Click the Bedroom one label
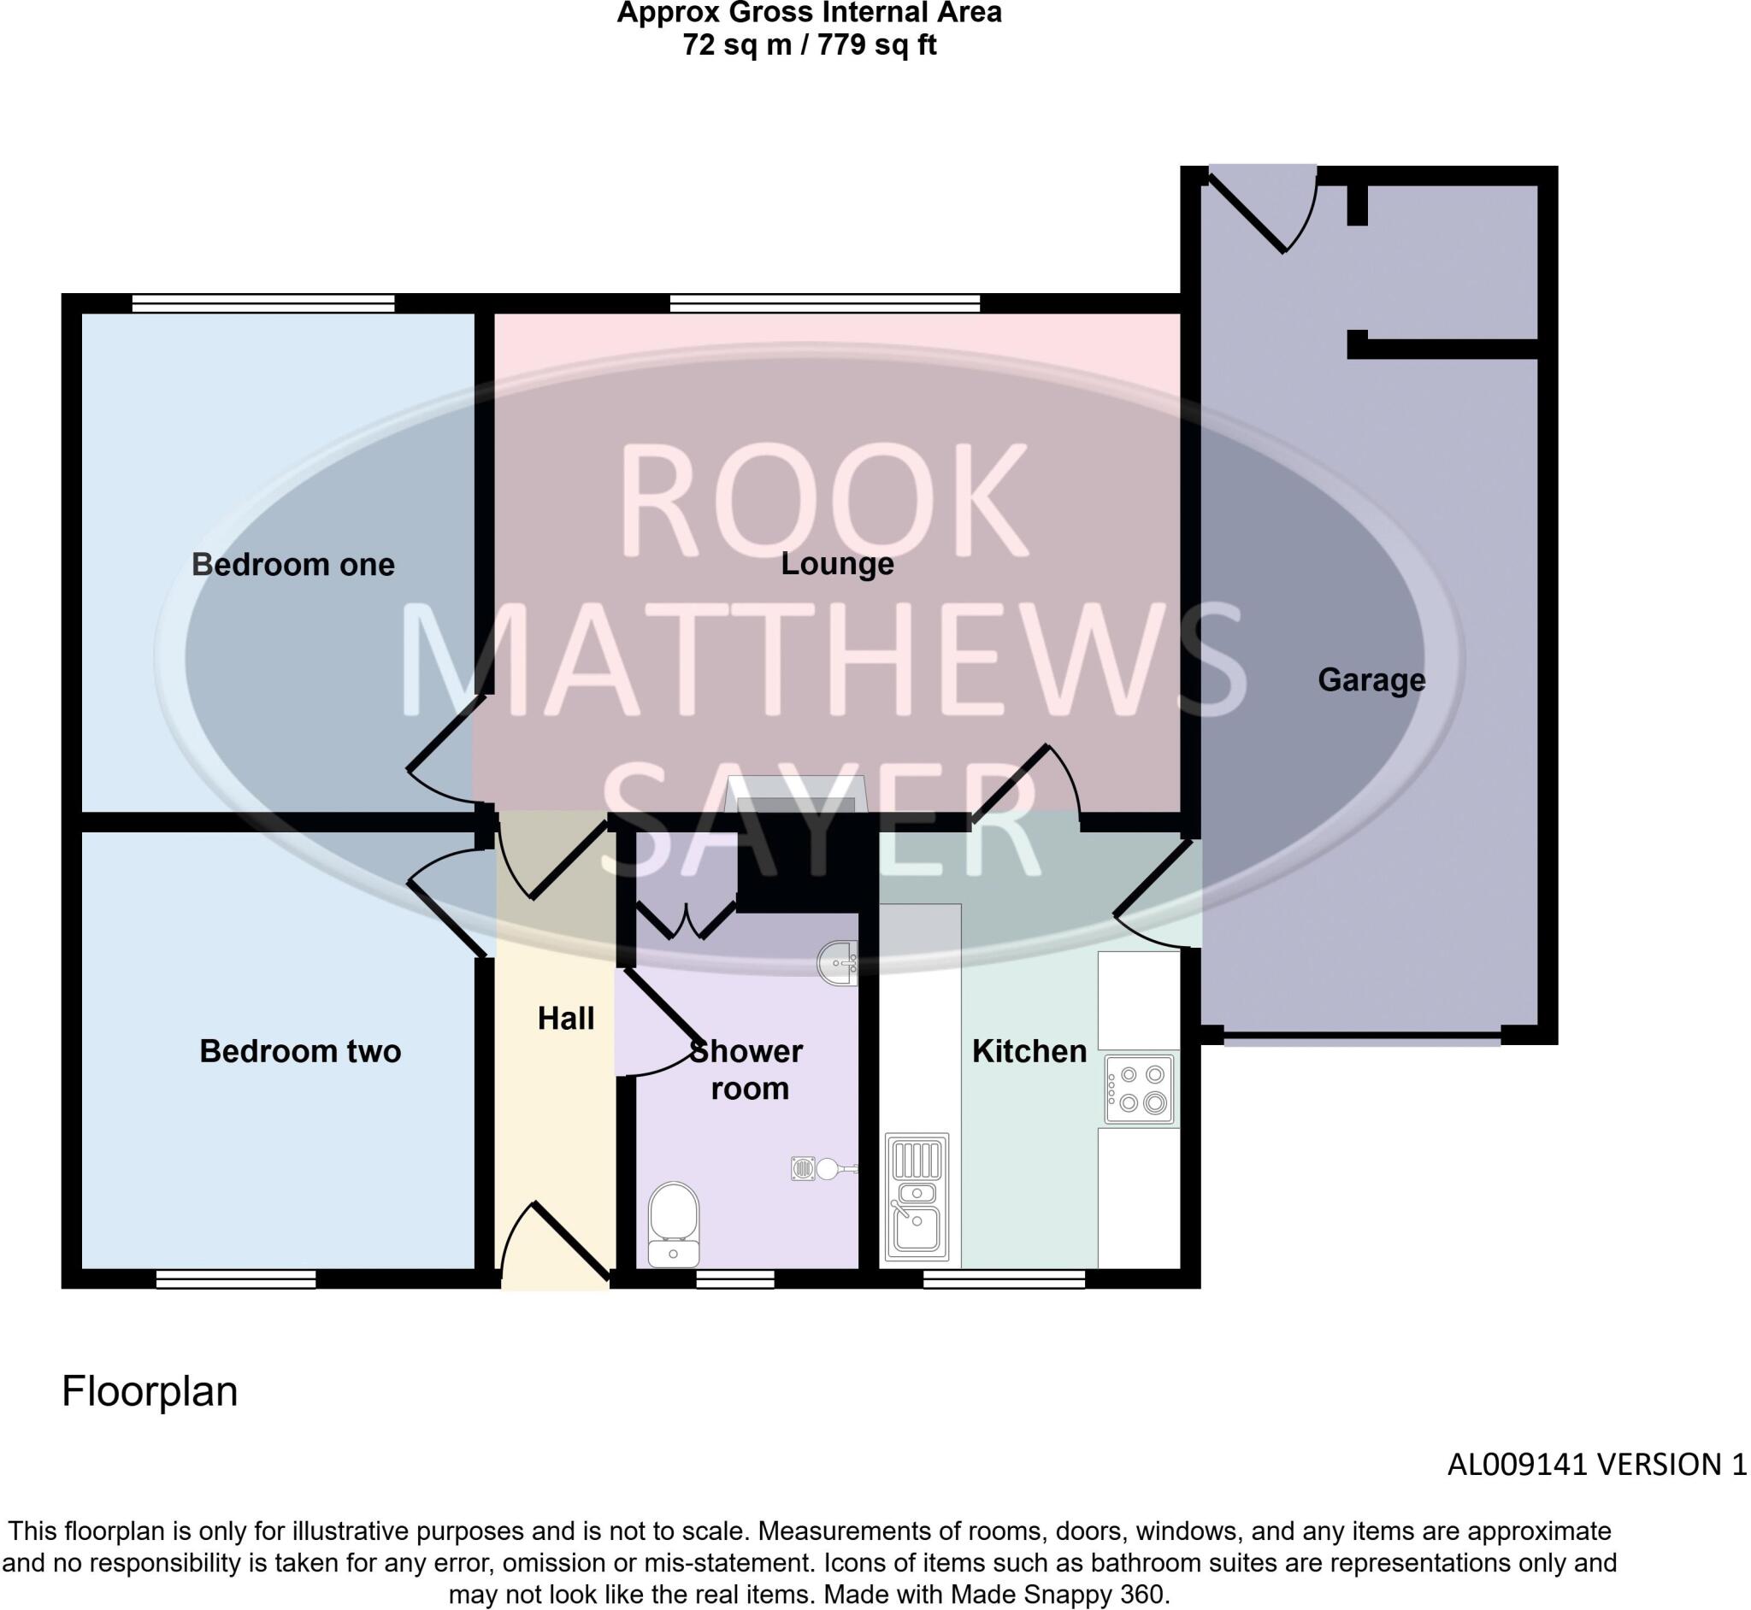293,565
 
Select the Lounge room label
837,564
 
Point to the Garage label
1371,679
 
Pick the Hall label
566,1018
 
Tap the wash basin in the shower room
839,962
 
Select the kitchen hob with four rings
1139,1088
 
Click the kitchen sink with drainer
916,1197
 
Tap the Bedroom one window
263,303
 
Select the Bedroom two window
235,1278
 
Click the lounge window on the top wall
824,303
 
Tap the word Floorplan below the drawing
150,1391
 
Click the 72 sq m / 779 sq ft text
809,45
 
